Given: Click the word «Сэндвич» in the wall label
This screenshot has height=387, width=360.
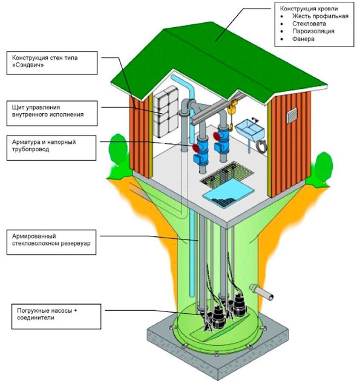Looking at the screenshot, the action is pyautogui.click(x=28, y=65).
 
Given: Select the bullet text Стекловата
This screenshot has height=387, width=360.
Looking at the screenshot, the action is pyautogui.click(x=309, y=24).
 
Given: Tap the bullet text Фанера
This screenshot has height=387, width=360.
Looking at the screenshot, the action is pyautogui.click(x=303, y=39).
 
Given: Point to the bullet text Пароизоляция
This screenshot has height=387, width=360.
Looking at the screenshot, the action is pyautogui.click(x=313, y=31).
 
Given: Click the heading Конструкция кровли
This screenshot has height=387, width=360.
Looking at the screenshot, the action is pyautogui.click(x=309, y=8).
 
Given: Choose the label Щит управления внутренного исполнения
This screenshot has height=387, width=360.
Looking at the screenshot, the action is pyautogui.click(x=48, y=111).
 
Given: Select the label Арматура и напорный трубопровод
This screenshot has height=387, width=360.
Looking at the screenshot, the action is pyautogui.click(x=44, y=146).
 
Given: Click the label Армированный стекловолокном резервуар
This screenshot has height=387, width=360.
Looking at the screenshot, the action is pyautogui.click(x=51, y=239).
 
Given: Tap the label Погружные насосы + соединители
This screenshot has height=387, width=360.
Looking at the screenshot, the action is pyautogui.click(x=47, y=314).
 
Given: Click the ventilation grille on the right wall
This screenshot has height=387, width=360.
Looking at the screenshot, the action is pyautogui.click(x=292, y=115).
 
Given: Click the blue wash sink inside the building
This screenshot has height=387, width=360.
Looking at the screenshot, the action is pyautogui.click(x=250, y=129).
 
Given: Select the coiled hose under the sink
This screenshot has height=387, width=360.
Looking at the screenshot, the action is pyautogui.click(x=261, y=146).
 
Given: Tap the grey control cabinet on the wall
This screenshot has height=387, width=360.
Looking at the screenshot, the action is pyautogui.click(x=166, y=111).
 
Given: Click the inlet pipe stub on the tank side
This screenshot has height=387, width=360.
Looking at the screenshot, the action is pyautogui.click(x=261, y=291).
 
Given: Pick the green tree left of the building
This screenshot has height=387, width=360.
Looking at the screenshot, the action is pyautogui.click(x=118, y=155).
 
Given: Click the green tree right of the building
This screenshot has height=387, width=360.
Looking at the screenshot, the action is pyautogui.click(x=322, y=168).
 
